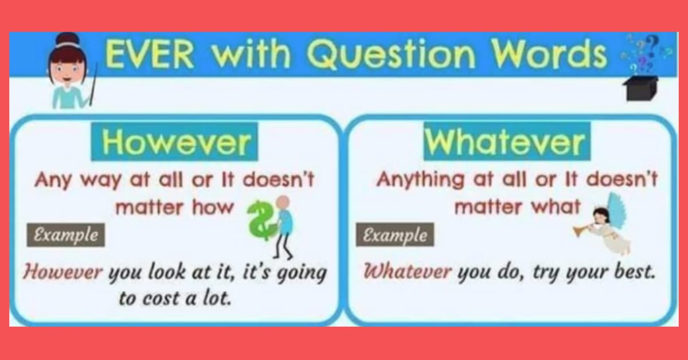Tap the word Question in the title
[370, 56]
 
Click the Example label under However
[66, 235]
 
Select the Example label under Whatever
[395, 235]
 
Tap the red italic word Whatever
[408, 271]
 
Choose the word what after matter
[554, 206]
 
